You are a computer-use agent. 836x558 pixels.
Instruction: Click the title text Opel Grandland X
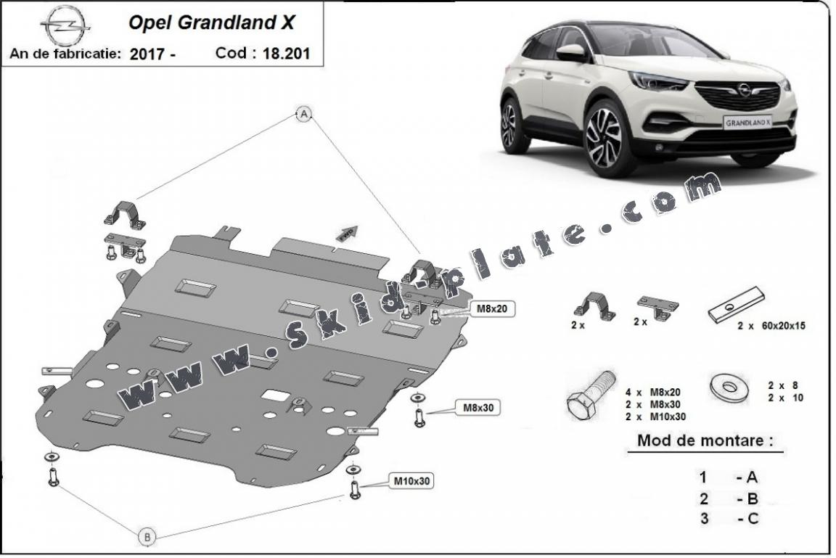tap(211, 22)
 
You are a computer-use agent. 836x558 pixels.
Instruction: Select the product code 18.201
tap(285, 53)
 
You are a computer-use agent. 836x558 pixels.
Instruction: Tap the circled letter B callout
tap(147, 537)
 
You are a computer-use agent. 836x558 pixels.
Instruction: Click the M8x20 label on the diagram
tap(491, 308)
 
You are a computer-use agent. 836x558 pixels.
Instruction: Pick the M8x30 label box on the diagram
tap(478, 408)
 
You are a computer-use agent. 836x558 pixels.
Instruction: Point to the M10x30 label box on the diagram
tap(414, 480)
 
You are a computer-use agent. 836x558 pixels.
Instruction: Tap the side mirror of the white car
tap(571, 52)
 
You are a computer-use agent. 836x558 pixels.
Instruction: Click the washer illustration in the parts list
tap(729, 387)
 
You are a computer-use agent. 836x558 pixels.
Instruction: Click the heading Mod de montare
tap(704, 440)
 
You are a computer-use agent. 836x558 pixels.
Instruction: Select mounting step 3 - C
tap(729, 518)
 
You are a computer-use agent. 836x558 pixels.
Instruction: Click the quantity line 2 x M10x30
tap(655, 416)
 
